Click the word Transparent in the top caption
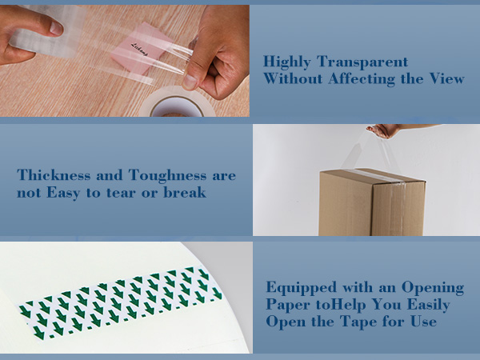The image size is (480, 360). pos(362,62)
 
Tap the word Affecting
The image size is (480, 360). pos(362,79)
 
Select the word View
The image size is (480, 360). pos(446,78)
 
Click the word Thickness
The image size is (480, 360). pos(54,175)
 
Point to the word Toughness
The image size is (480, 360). pos(167,176)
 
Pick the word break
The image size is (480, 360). pos(185,193)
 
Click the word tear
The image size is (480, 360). pos(121,193)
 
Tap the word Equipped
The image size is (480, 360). pos(302,288)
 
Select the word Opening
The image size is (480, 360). pos(433,288)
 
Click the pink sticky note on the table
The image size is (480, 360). pos(142,48)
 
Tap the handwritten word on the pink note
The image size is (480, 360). pos(139,50)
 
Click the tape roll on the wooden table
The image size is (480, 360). pos(177,103)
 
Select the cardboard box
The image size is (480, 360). pos(372,202)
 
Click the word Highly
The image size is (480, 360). pos(287,62)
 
